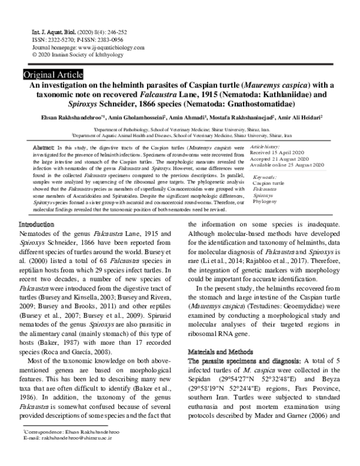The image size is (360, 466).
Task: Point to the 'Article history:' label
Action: click(x=265, y=147)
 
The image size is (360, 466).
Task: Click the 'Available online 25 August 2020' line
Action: click(x=287, y=165)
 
